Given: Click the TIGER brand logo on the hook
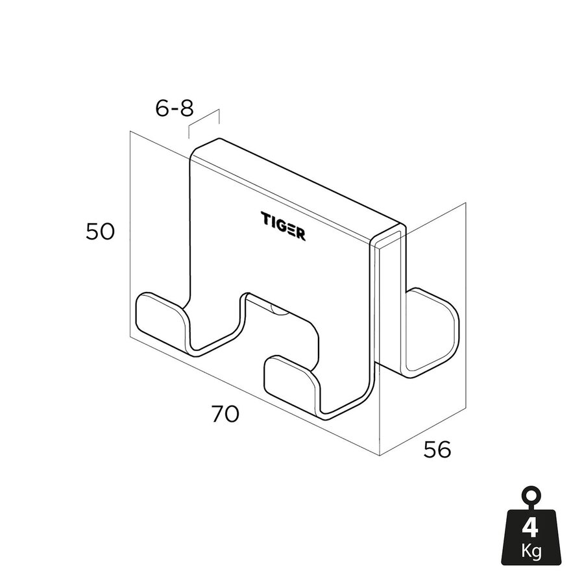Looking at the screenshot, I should tap(283, 226).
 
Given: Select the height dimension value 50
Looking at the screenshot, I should tap(100, 232).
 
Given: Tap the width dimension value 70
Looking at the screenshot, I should tap(225, 414).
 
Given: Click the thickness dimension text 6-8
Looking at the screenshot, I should tap(175, 108).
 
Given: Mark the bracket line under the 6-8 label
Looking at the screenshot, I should tap(204, 123).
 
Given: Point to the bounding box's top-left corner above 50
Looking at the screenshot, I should tap(130, 132).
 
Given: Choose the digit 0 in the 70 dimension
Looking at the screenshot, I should tap(232, 414).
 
